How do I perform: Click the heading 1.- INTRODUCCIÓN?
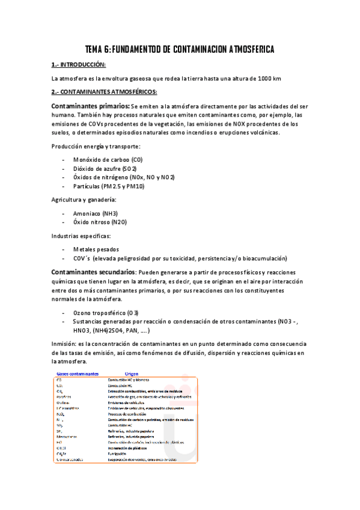[x=78, y=64]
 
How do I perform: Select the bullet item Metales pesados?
[x=96, y=249]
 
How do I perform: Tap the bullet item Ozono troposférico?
[x=106, y=313]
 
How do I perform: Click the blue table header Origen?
[x=130, y=373]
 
